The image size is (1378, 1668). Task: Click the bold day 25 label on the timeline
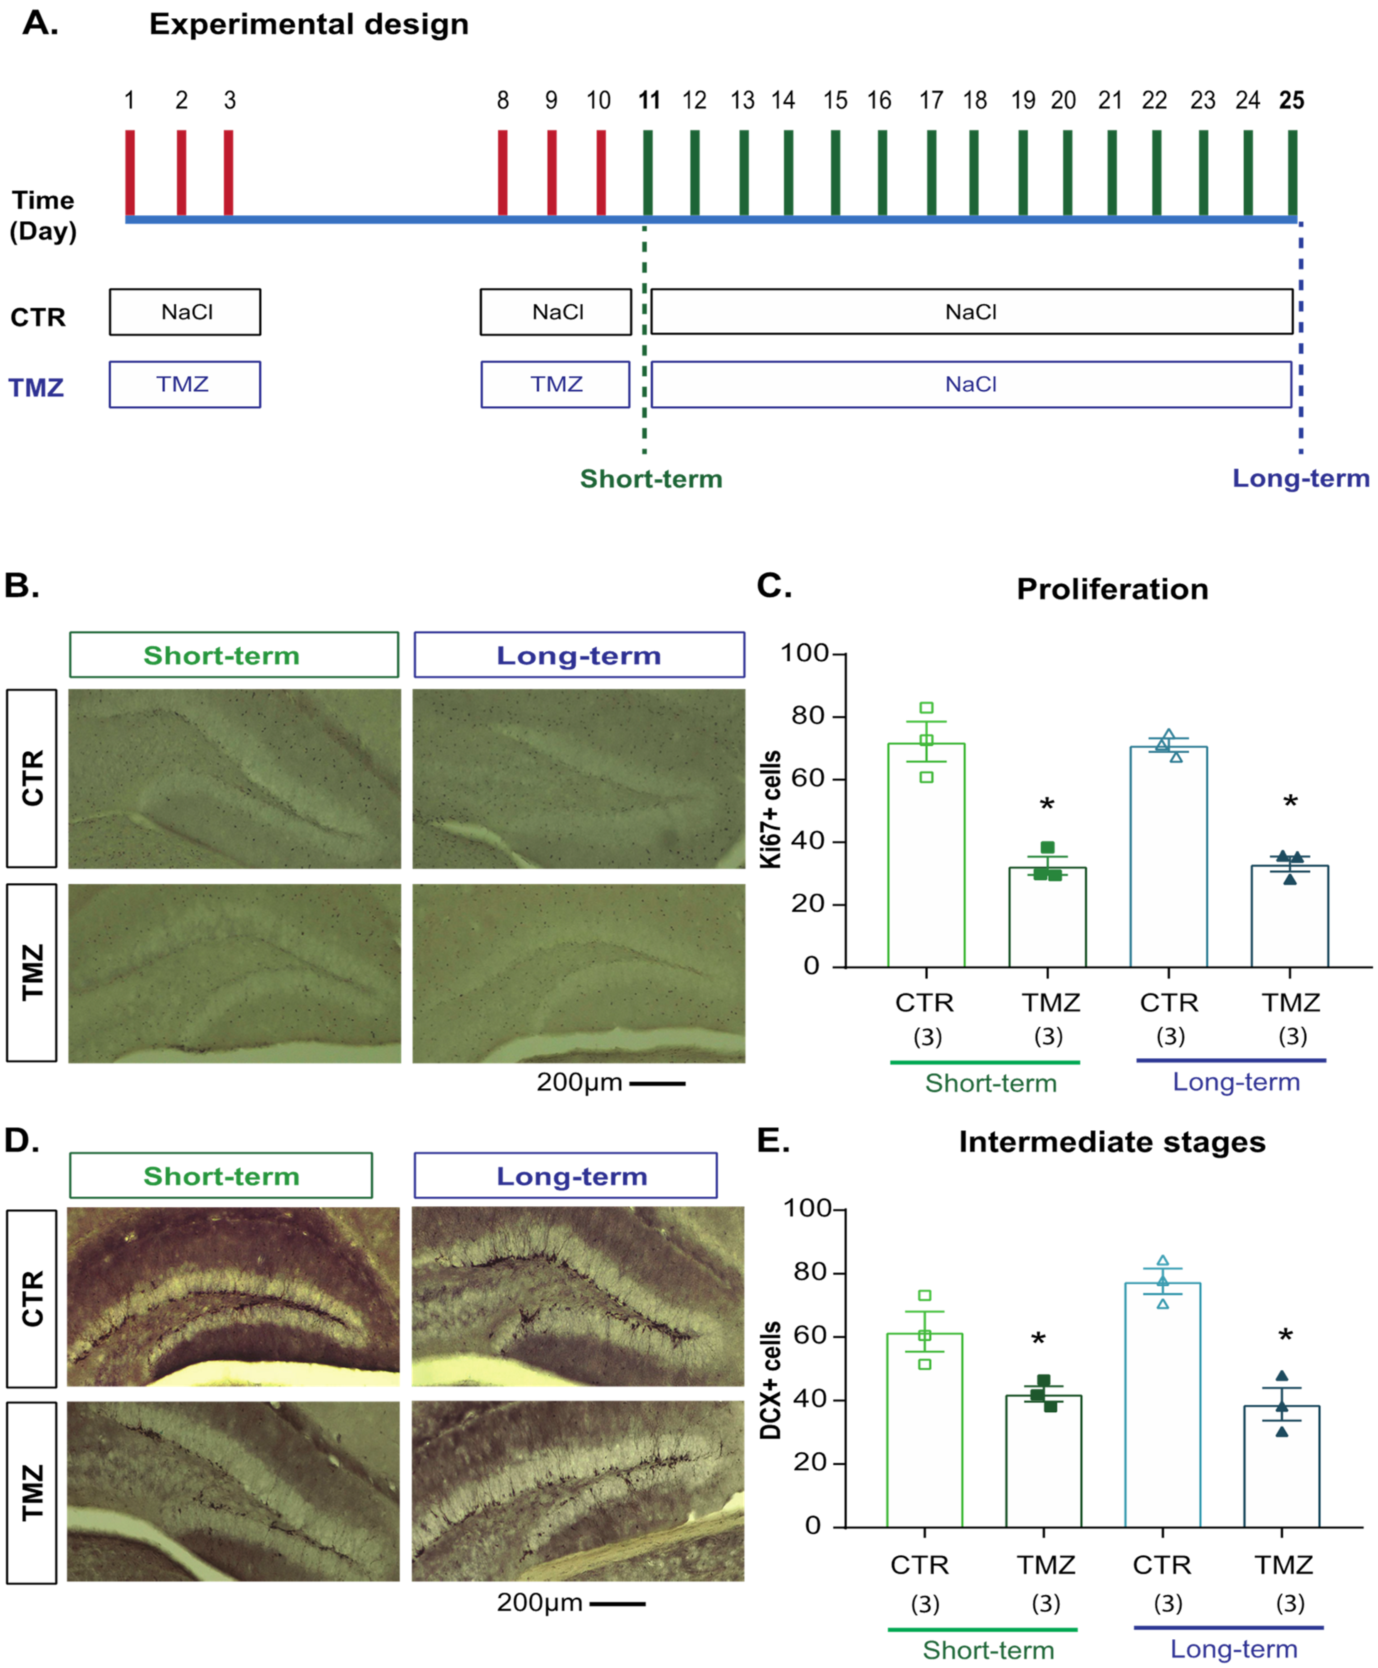[x=1292, y=101]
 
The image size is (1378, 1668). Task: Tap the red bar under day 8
[x=502, y=172]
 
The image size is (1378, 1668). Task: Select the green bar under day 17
[x=931, y=172]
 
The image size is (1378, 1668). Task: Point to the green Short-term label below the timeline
[x=651, y=479]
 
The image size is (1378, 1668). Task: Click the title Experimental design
[x=309, y=25]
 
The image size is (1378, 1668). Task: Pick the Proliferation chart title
[x=1112, y=589]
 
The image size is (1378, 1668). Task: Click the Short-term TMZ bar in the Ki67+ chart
[x=1047, y=917]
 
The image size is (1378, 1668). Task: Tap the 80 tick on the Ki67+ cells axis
[x=808, y=716]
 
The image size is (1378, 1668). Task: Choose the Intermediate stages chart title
[x=1111, y=1142]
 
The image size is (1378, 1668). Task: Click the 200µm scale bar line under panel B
[x=657, y=1083]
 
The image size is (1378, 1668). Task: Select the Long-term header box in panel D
[x=565, y=1176]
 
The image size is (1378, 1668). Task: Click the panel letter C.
[x=774, y=586]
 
